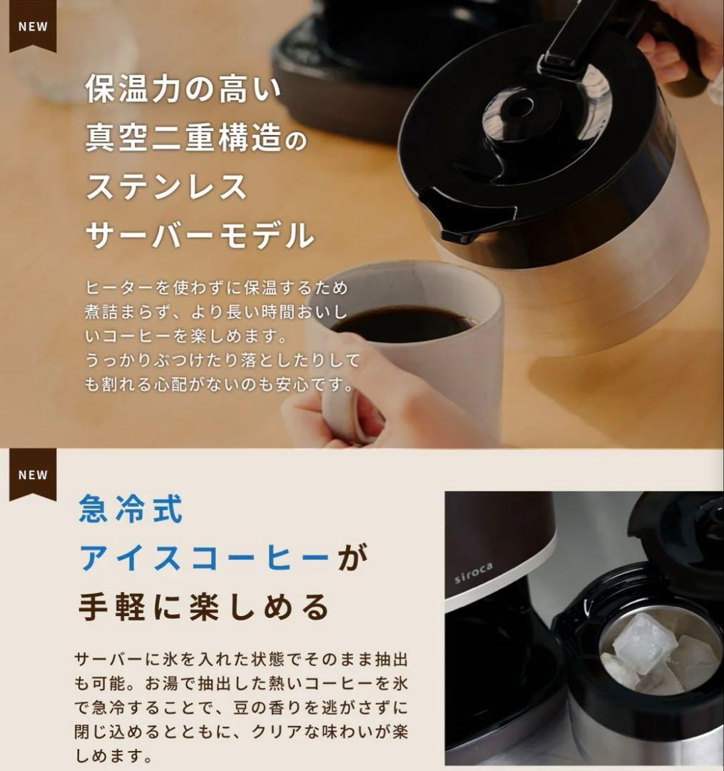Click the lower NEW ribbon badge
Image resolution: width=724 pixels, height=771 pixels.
pos(33,474)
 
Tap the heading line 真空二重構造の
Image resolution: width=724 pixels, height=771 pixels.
pos(195,138)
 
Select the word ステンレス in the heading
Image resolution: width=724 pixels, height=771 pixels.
pos(167,186)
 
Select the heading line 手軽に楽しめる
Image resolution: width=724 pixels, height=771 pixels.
pos(203,608)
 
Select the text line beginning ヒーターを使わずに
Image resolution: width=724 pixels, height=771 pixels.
pos(216,288)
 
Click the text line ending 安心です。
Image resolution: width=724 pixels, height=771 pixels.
pos(219,384)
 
